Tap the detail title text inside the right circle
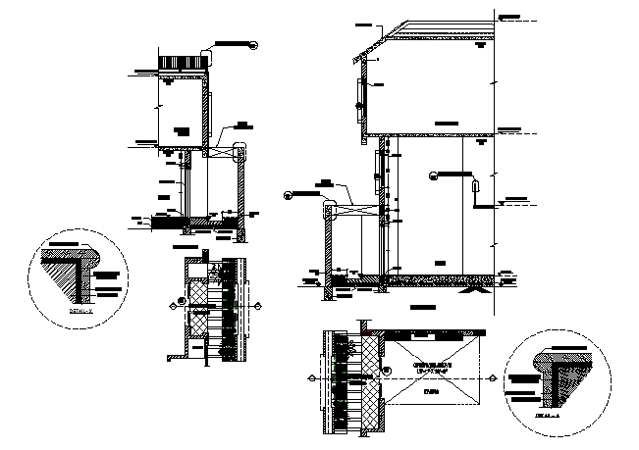tap(552, 415)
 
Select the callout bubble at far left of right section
tap(287, 193)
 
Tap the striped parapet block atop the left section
tap(185, 63)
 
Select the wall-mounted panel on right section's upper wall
tap(360, 94)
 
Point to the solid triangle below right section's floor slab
tap(477, 290)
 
